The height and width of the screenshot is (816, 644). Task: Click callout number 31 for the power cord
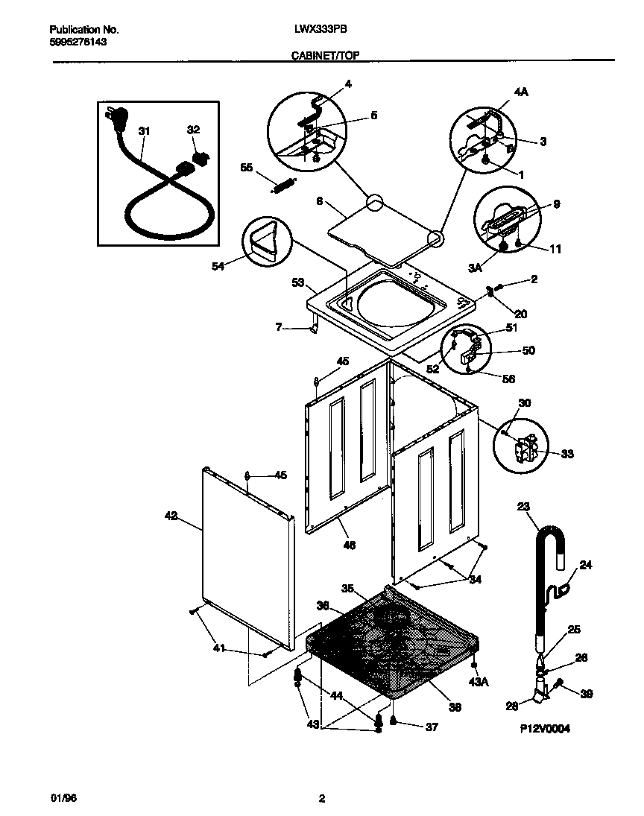tap(144, 130)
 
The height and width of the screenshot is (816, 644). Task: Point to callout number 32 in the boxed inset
tap(193, 130)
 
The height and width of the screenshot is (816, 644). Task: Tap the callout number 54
tap(218, 264)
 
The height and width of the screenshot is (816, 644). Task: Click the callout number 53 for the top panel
tap(297, 282)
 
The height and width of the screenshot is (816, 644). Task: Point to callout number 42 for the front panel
tap(171, 515)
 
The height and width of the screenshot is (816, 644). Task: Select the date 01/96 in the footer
tap(63, 798)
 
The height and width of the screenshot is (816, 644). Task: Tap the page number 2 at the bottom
tap(321, 799)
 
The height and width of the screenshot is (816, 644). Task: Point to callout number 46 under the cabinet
tap(349, 545)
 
